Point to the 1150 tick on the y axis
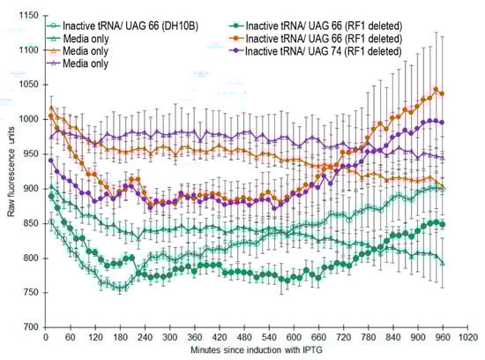tap(27, 17)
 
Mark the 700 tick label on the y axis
tap(31, 327)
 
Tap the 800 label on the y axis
tap(31, 259)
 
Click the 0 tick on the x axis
tap(46, 336)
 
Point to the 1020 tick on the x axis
tap(466, 336)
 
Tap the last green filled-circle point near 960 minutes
tap(442, 224)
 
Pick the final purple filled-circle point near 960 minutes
tap(442, 122)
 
